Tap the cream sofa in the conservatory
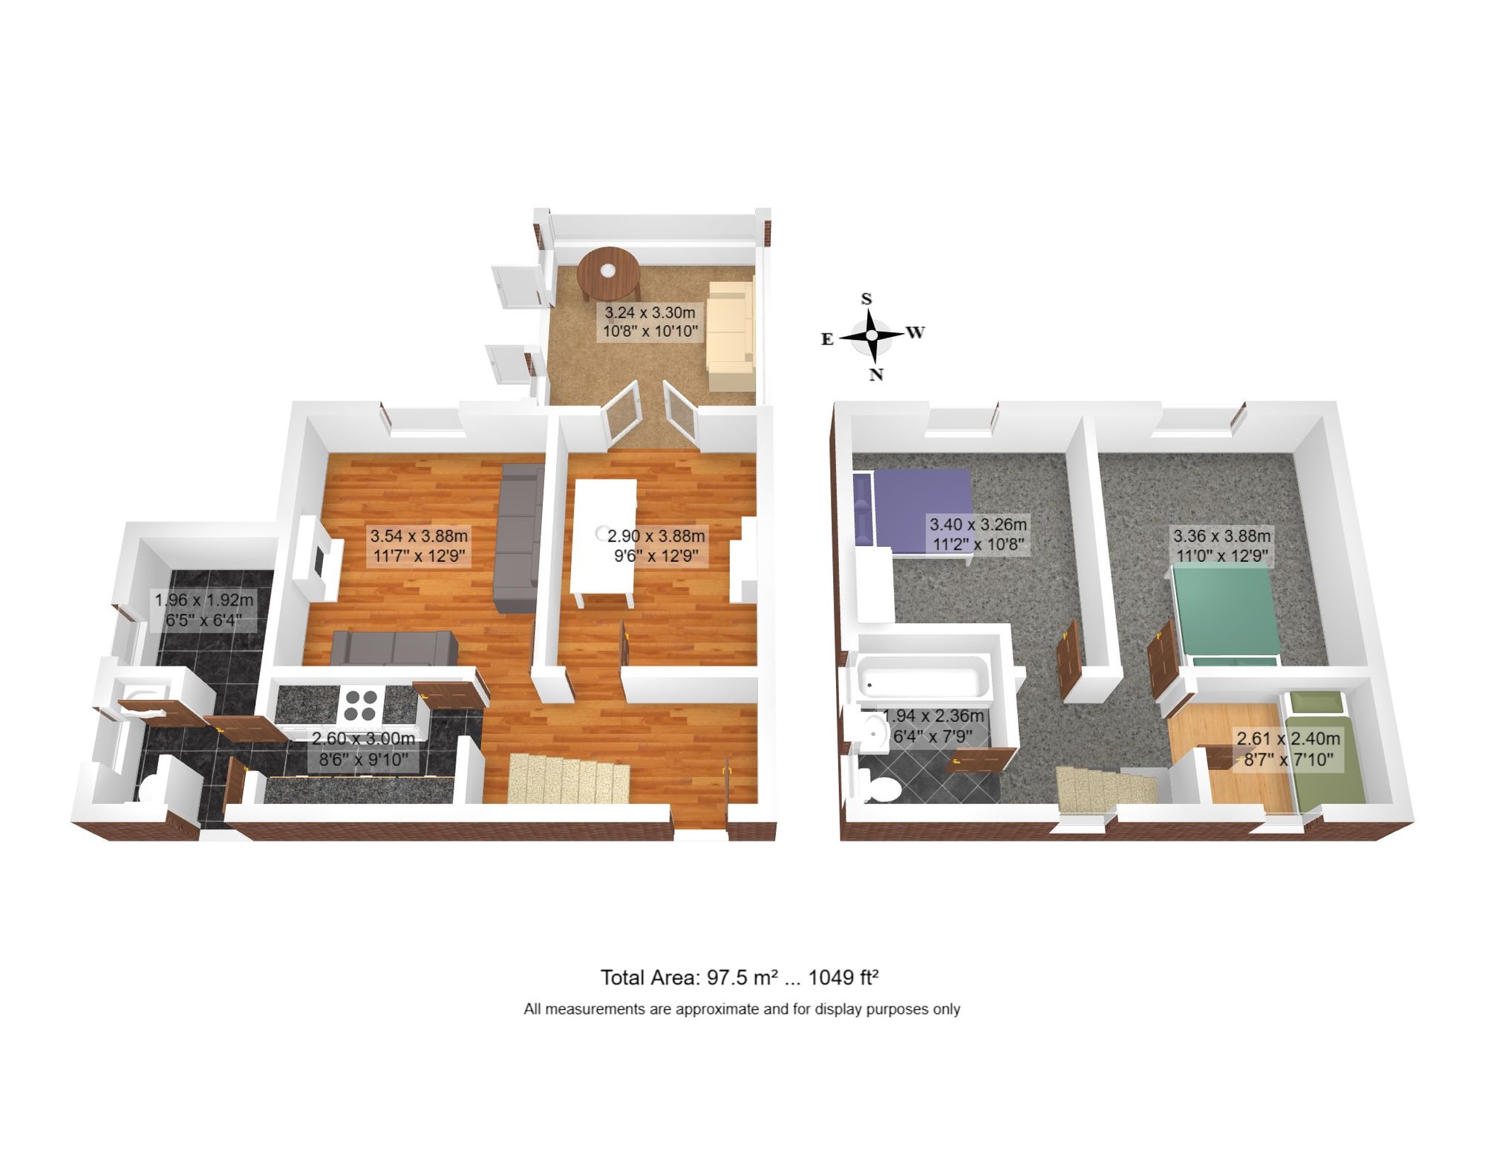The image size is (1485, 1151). point(731,335)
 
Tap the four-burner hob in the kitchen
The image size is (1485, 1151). point(360,705)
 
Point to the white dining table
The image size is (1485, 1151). point(604,542)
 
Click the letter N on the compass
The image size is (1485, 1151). point(876,374)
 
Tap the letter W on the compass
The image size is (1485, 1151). point(915,332)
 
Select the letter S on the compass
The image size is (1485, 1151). point(866,299)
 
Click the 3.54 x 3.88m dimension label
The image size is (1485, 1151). point(420,545)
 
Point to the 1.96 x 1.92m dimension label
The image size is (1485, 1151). point(203,609)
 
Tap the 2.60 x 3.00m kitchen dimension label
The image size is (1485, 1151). point(363,749)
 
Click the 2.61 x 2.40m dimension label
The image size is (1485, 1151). point(1288,749)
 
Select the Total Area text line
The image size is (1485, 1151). point(740,977)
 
